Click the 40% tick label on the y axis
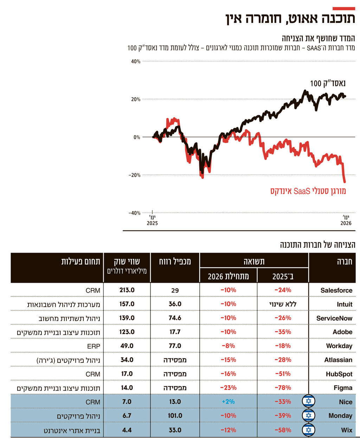point(136,61)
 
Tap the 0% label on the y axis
point(137,137)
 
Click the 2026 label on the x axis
point(346,223)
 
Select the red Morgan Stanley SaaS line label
point(308,191)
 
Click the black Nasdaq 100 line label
point(328,83)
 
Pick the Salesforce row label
point(336,290)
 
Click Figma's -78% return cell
point(283,388)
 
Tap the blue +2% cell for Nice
point(228,401)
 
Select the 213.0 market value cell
point(127,290)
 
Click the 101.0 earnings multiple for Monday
point(175,416)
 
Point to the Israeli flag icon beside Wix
point(309,430)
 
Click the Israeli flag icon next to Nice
point(309,401)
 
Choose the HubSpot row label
point(339,374)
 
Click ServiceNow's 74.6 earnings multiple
point(175,318)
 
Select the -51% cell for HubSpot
point(283,374)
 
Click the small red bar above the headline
point(343,8)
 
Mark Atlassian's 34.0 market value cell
point(127,360)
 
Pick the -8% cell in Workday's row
point(228,346)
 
